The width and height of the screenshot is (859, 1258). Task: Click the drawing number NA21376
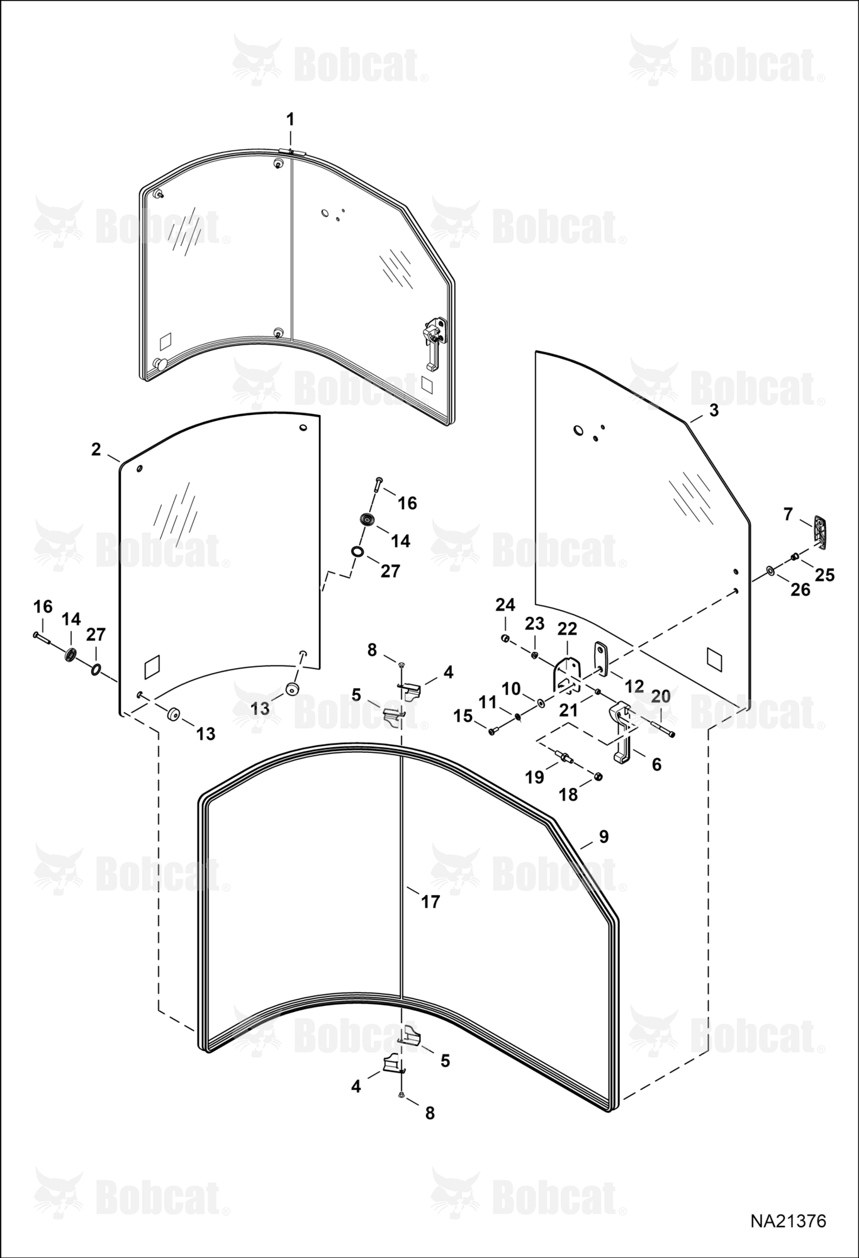click(x=787, y=1221)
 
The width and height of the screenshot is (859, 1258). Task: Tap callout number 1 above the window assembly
click(x=290, y=119)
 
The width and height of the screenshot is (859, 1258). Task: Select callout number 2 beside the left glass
click(x=96, y=450)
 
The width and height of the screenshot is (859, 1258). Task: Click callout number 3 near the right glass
click(x=714, y=410)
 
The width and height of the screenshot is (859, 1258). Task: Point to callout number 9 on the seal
click(x=604, y=837)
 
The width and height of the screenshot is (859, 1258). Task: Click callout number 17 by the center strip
click(x=430, y=902)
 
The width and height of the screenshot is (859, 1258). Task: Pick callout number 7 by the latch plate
click(x=788, y=514)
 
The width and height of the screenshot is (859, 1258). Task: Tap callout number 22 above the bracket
click(x=567, y=628)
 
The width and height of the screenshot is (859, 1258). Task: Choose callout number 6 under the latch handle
click(x=656, y=764)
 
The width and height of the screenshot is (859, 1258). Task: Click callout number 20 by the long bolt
click(x=661, y=696)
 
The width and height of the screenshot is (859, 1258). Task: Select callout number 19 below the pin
click(x=534, y=777)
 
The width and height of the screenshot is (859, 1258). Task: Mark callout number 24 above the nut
click(x=505, y=605)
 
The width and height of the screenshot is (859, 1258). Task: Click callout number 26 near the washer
click(x=800, y=590)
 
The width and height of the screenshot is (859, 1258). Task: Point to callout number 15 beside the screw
click(x=463, y=716)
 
